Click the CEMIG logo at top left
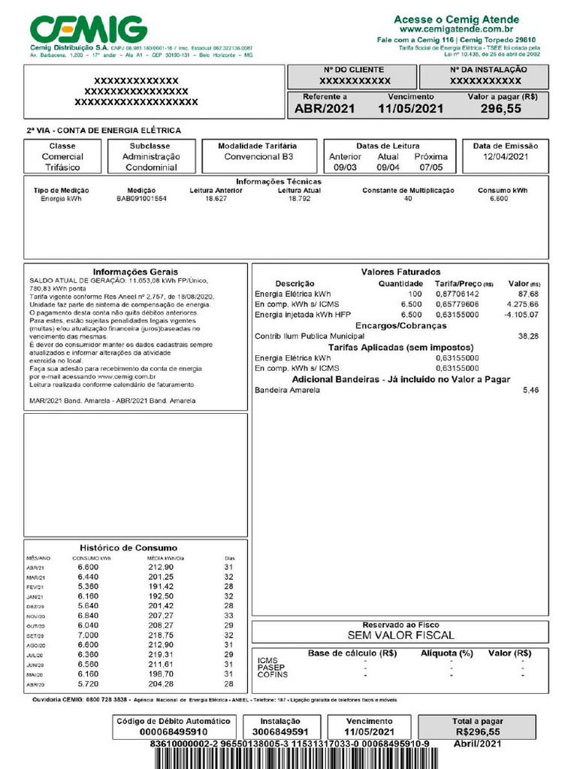pyautogui.click(x=88, y=30)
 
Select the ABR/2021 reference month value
pyautogui.click(x=324, y=109)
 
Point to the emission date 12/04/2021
pyautogui.click(x=506, y=157)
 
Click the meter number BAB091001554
pyautogui.click(x=141, y=199)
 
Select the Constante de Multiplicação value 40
pyautogui.click(x=408, y=199)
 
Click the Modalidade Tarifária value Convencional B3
pyautogui.click(x=258, y=157)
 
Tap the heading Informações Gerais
pyautogui.click(x=135, y=271)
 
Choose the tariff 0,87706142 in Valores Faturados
pyautogui.click(x=457, y=294)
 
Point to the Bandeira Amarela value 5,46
pyautogui.click(x=530, y=391)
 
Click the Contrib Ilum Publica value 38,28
pyautogui.click(x=528, y=336)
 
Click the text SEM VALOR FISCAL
pyautogui.click(x=400, y=635)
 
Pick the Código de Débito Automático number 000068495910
pyautogui.click(x=163, y=731)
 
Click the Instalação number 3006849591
pyautogui.click(x=279, y=731)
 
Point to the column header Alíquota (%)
pyautogui.click(x=447, y=653)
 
